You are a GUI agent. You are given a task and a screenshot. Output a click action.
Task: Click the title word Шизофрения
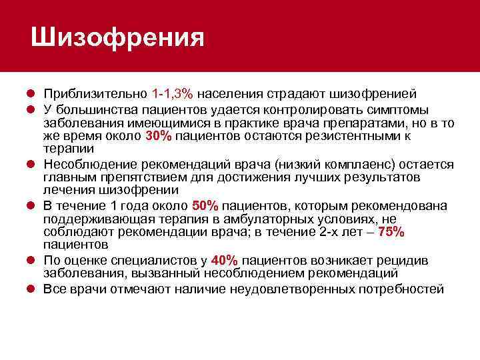[x=117, y=37]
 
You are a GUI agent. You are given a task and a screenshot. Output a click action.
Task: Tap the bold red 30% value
[x=159, y=136]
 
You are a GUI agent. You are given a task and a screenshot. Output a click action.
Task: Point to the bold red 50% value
[x=205, y=206]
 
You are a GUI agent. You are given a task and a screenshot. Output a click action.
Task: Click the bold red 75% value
[x=391, y=231]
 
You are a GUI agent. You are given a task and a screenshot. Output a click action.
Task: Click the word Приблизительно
[x=95, y=93]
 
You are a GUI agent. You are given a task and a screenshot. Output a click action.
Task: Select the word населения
[x=233, y=93]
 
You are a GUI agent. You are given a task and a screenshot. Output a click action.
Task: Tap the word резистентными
[x=357, y=136]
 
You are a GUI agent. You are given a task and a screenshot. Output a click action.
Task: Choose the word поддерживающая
[x=95, y=219]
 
